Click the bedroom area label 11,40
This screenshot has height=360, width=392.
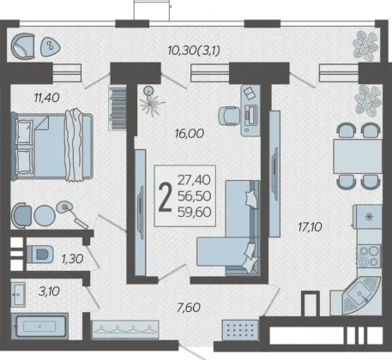(47, 98)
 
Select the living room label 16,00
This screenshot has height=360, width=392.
(190, 134)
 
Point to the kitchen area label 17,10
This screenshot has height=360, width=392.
(310, 227)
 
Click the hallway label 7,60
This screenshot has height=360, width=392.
(189, 308)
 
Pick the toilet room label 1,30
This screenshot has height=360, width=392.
(73, 259)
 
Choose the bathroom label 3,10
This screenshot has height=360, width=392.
(49, 291)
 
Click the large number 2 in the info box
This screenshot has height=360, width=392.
(165, 197)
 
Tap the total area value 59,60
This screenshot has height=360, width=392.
(195, 212)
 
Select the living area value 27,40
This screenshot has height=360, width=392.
(194, 180)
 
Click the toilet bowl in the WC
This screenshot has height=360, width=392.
(40, 254)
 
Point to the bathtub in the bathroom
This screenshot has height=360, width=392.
(39, 326)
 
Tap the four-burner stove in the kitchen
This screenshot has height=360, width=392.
(369, 256)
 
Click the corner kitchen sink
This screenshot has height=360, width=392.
(361, 295)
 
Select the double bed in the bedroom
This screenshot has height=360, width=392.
(52, 146)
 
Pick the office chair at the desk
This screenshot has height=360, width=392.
(229, 116)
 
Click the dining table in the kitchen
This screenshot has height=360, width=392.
(358, 156)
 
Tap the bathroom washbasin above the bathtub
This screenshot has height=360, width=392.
(18, 294)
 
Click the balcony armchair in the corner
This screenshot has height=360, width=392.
(22, 46)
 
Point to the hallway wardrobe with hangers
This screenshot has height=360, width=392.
(125, 329)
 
